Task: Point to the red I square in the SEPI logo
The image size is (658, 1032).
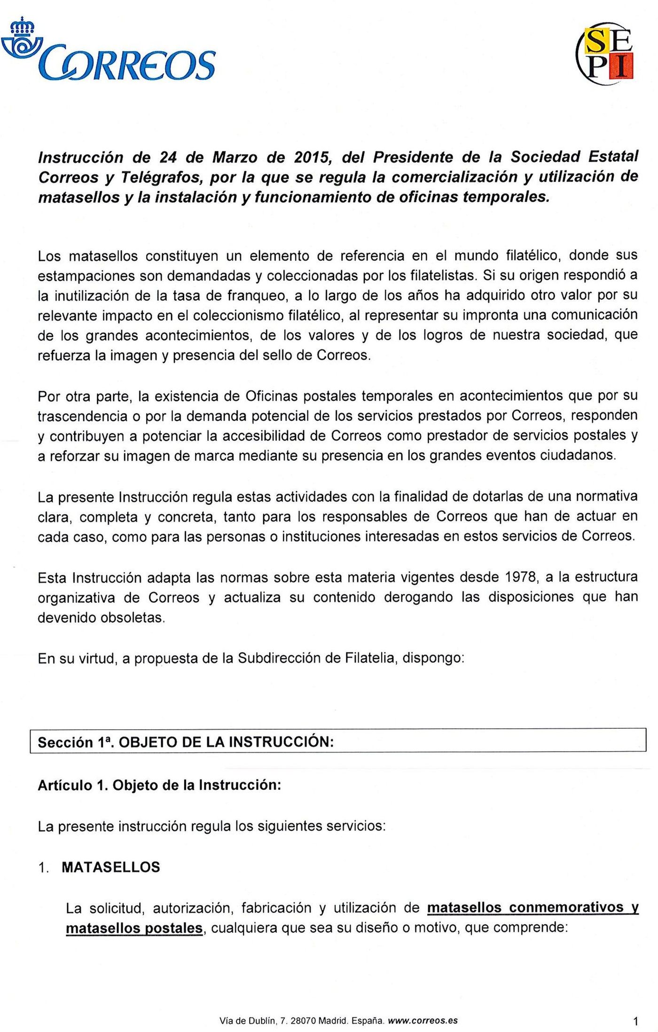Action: click(x=621, y=66)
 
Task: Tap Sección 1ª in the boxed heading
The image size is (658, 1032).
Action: click(x=74, y=742)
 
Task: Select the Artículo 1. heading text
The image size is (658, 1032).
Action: click(x=73, y=786)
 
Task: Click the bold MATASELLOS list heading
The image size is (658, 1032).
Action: click(x=111, y=867)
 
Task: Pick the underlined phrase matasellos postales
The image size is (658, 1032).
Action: click(x=134, y=928)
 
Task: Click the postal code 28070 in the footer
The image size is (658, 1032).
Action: click(x=303, y=1021)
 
